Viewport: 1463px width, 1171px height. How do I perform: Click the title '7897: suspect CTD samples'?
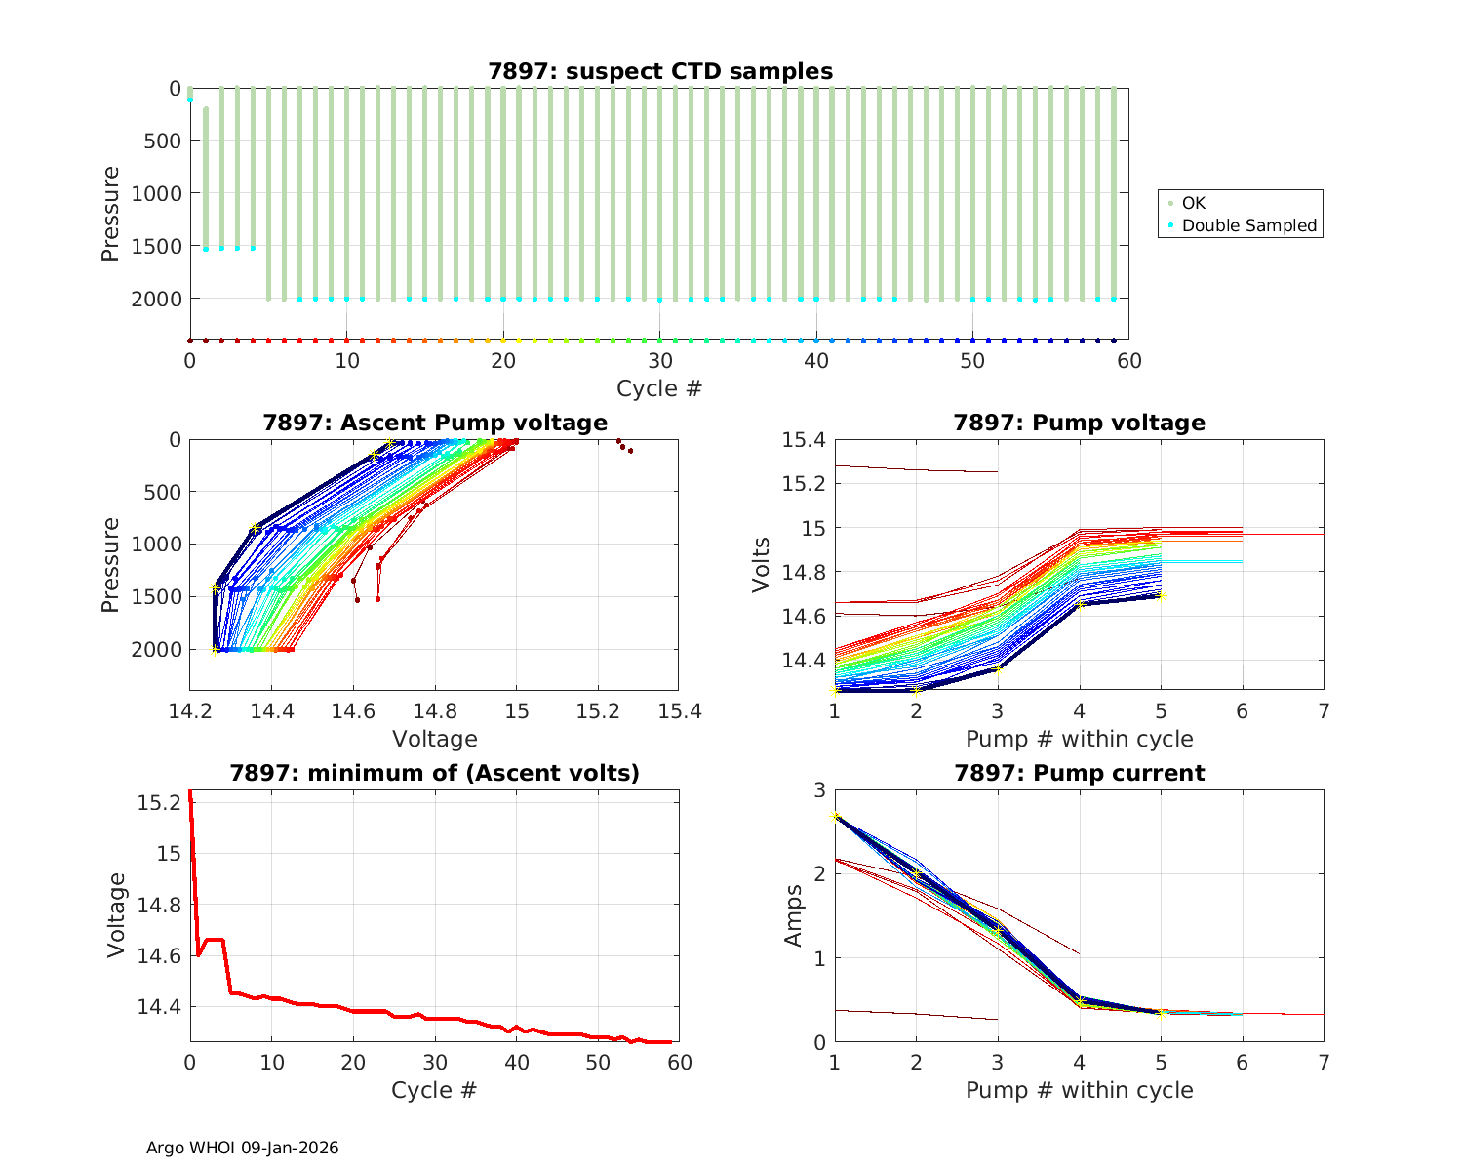660,71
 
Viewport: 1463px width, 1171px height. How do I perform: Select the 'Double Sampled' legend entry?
1248,225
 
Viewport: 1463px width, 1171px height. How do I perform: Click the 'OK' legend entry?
1193,203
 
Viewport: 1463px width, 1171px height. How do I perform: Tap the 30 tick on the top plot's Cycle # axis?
660,361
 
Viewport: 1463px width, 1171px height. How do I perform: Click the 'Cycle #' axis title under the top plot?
659,388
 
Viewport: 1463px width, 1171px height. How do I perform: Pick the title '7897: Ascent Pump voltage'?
435,423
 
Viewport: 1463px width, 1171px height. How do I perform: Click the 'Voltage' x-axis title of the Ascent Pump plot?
435,739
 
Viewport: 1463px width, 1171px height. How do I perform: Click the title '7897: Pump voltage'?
1079,423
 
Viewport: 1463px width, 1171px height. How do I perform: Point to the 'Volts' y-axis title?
762,564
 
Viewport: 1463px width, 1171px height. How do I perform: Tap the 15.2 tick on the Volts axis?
803,484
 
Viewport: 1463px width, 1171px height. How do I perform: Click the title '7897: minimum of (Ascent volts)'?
435,773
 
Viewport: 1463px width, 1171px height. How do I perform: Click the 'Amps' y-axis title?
795,915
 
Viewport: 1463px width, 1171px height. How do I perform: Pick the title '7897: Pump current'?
1079,773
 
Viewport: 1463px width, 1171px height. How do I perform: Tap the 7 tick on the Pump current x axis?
1324,1062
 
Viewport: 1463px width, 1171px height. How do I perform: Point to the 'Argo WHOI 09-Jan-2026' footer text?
243,1148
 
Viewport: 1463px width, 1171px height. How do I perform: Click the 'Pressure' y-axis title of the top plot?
111,214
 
